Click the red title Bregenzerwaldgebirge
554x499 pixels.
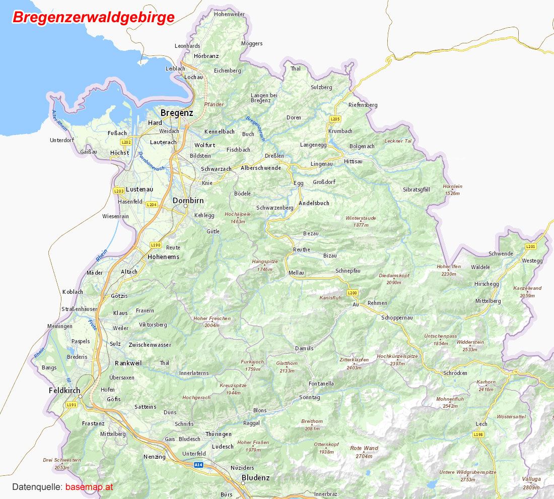point(94,17)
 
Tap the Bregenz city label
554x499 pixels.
point(176,113)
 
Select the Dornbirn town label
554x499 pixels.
point(188,200)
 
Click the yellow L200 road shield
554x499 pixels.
point(352,293)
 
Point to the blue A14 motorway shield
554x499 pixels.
point(199,465)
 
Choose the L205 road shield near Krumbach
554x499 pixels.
point(335,119)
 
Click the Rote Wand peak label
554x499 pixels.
point(364,448)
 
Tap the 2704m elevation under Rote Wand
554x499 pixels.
point(364,456)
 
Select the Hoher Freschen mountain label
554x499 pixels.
point(212,319)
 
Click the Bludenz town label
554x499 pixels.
point(256,478)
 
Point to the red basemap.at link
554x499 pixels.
point(89,487)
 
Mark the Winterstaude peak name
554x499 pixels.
point(361,218)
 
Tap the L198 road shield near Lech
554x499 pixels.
point(478,434)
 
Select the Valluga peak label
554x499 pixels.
point(531,479)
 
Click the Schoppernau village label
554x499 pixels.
point(397,318)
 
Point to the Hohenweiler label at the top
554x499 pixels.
point(229,14)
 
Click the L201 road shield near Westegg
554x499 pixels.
point(530,246)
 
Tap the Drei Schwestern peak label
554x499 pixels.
point(62,460)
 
